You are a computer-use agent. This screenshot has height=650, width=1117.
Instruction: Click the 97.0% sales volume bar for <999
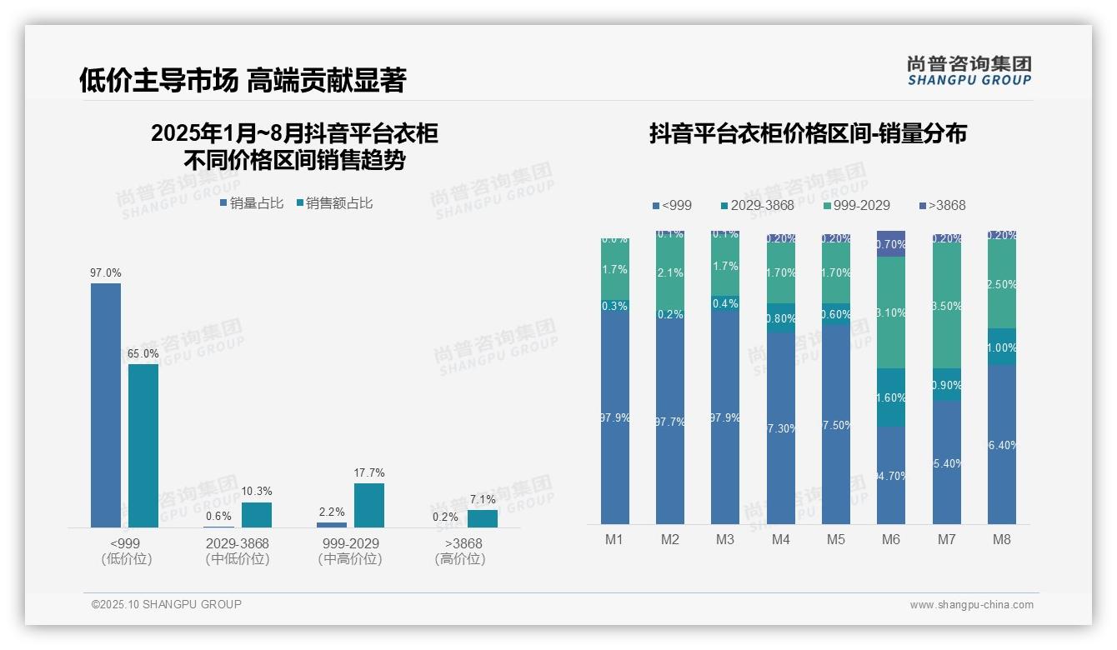pyautogui.click(x=106, y=405)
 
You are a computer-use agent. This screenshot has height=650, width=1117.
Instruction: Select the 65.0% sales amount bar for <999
pyautogui.click(x=143, y=446)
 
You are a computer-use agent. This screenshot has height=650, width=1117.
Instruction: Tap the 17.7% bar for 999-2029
pyautogui.click(x=369, y=505)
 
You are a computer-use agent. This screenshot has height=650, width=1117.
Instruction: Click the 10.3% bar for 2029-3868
pyautogui.click(x=257, y=515)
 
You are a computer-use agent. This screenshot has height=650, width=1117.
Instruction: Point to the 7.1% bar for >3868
pyautogui.click(x=482, y=518)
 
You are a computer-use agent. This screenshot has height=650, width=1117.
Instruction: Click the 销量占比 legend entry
pyautogui.click(x=253, y=202)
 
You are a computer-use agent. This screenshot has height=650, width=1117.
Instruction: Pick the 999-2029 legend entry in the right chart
pyautogui.click(x=856, y=205)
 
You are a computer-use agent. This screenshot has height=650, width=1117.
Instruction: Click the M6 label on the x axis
pyautogui.click(x=891, y=539)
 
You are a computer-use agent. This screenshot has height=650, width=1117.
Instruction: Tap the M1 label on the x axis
pyautogui.click(x=614, y=539)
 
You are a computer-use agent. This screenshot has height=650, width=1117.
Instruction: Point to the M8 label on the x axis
pyautogui.click(x=1002, y=539)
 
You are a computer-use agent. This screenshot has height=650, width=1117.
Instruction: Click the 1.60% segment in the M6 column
pyautogui.click(x=891, y=397)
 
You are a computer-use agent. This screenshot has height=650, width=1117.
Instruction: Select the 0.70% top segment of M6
pyautogui.click(x=891, y=244)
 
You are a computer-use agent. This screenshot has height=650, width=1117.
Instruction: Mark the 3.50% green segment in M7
pyautogui.click(x=946, y=306)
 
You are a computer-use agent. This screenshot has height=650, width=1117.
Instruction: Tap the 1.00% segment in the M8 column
pyautogui.click(x=1002, y=347)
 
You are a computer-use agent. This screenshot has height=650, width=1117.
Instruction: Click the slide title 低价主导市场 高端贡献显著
pyautogui.click(x=243, y=80)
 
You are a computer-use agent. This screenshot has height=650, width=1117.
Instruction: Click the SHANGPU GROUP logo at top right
pyautogui.click(x=969, y=70)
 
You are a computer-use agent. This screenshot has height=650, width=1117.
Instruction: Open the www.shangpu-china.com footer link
pyautogui.click(x=971, y=605)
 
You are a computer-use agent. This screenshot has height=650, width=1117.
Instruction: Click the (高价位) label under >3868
pyautogui.click(x=459, y=559)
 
